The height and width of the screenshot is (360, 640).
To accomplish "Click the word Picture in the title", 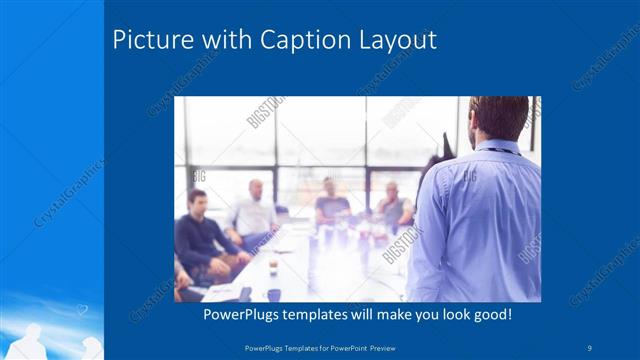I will tap(148, 41).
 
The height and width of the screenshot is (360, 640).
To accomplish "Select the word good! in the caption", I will tap(492, 314).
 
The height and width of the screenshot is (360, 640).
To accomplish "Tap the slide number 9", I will tap(590, 346).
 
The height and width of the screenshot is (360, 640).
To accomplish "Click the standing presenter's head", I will tap(497, 118).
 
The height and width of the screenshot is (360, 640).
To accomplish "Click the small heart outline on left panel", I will tap(82, 311).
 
